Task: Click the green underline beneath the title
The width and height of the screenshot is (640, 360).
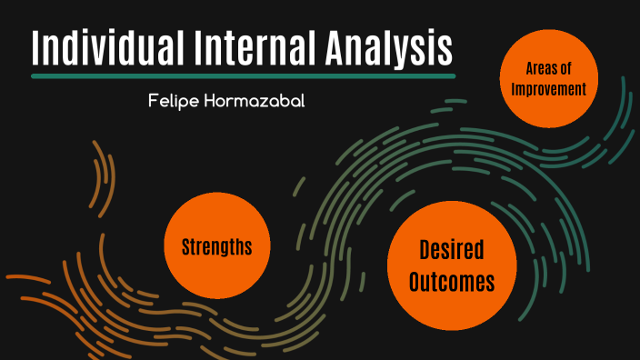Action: [243, 76]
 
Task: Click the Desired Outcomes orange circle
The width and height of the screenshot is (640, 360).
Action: [452, 266]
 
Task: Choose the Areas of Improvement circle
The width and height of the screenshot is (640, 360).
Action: [549, 79]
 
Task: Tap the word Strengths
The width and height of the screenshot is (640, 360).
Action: [216, 246]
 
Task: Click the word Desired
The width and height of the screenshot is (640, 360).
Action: [452, 250]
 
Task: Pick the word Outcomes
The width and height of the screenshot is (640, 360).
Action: [452, 283]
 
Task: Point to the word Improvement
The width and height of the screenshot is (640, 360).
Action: [549, 89]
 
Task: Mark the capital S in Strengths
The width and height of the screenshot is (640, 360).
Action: [185, 246]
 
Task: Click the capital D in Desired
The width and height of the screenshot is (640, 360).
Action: [425, 250]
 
